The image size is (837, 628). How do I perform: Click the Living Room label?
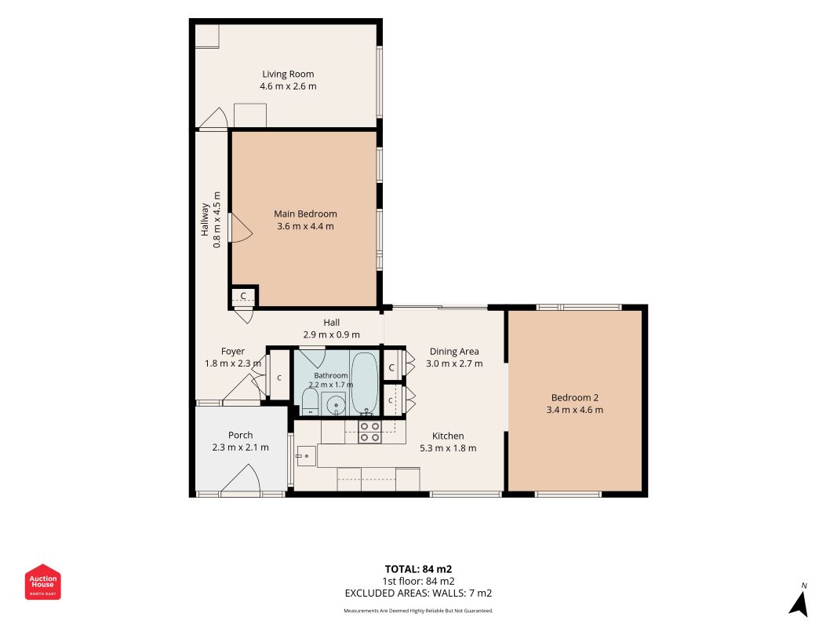point(288,75)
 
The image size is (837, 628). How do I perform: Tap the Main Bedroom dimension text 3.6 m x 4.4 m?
point(305,226)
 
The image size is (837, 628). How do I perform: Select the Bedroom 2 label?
point(574,398)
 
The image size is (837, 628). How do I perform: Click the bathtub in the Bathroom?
point(365,382)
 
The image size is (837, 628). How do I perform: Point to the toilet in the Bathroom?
point(310,402)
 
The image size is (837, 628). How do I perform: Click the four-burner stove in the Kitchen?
point(369,432)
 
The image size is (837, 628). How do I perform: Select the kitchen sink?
point(307,456)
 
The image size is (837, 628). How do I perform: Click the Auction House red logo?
point(42,582)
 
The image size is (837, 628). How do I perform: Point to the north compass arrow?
point(799,604)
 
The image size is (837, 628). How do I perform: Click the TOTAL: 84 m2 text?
point(419,569)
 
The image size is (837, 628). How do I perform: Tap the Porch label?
point(240,435)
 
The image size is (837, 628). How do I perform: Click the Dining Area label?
point(454,352)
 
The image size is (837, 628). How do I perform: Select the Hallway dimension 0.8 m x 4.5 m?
point(217,220)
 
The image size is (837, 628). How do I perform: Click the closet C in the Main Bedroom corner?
point(243,296)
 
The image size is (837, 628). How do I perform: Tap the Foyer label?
point(233,352)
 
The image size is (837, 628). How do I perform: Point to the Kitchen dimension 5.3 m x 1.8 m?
point(448,448)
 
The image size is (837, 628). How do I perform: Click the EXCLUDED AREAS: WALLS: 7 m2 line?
point(419,593)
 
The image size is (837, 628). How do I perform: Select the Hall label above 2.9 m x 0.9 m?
point(332,323)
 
